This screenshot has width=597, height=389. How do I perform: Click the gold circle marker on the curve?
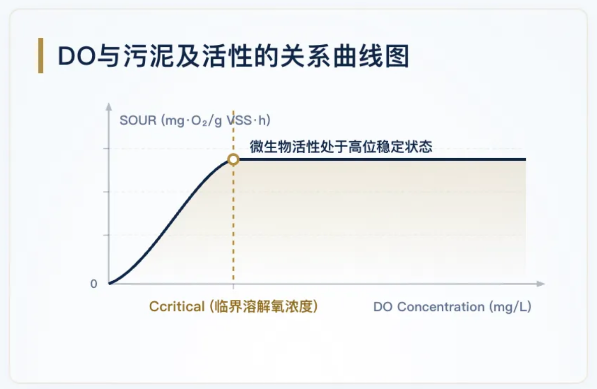(x=233, y=159)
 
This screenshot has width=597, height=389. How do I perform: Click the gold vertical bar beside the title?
(x=41, y=55)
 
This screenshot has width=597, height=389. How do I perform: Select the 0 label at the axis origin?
(x=94, y=284)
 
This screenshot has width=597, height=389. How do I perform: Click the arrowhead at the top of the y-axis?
(x=109, y=106)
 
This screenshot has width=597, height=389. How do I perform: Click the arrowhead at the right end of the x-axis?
(x=541, y=284)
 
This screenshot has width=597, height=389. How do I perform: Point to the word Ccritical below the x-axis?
(x=176, y=306)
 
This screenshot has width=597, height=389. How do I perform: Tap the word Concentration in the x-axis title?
(x=441, y=307)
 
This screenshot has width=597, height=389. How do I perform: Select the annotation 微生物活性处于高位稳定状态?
(x=341, y=147)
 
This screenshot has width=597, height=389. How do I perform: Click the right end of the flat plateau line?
(x=525, y=159)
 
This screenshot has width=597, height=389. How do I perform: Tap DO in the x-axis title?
(x=383, y=307)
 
